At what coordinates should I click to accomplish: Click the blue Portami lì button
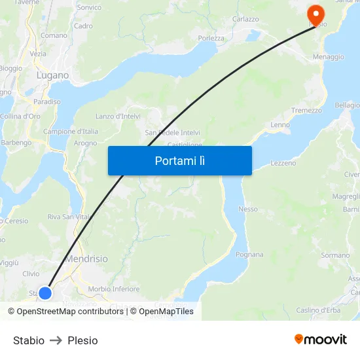pyautogui.click(x=179, y=160)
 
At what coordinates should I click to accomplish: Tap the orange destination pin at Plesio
pyautogui.click(x=317, y=15)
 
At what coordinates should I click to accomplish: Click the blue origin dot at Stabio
pyautogui.click(x=45, y=293)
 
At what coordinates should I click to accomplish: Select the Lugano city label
pyautogui.click(x=53, y=75)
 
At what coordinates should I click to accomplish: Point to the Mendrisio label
pyautogui.click(x=86, y=259)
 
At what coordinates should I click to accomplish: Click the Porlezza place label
pyautogui.click(x=211, y=38)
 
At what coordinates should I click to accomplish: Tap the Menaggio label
pyautogui.click(x=329, y=57)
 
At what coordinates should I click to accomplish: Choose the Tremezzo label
pyautogui.click(x=306, y=111)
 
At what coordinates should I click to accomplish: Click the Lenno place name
pyautogui.click(x=280, y=124)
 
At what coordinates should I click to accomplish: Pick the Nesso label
pyautogui.click(x=248, y=209)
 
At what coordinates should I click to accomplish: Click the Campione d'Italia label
pyautogui.click(x=71, y=132)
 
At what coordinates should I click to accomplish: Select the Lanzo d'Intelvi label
pyautogui.click(x=118, y=117)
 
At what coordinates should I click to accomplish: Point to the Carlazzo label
pyautogui.click(x=245, y=20)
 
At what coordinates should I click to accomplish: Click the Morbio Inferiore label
pyautogui.click(x=114, y=289)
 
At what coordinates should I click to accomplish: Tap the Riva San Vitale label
pyautogui.click(x=69, y=217)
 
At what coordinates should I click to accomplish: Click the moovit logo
pyautogui.click(x=321, y=340)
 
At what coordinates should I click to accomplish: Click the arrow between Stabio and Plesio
pyautogui.click(x=56, y=340)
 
